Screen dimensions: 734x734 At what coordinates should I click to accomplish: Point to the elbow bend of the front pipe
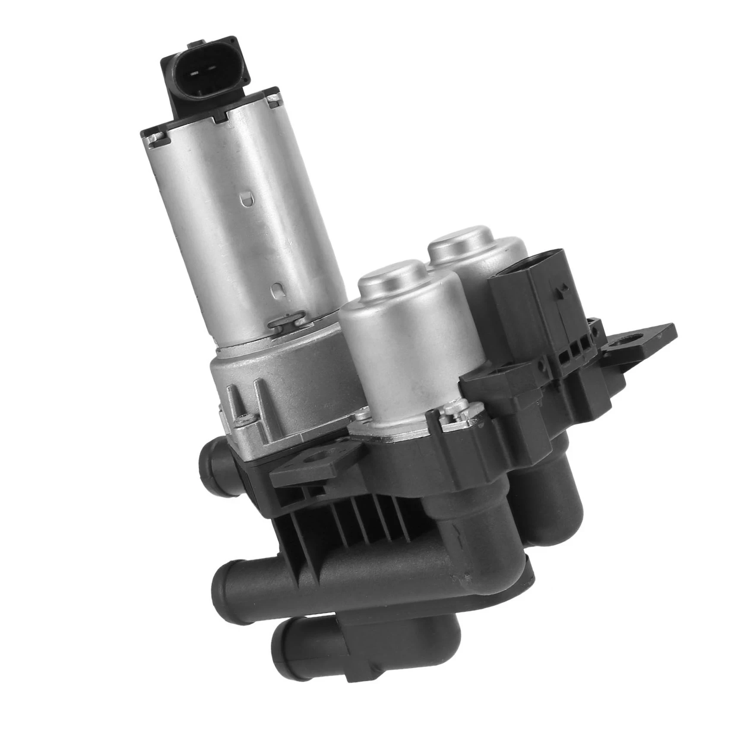pyautogui.click(x=488, y=574)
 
